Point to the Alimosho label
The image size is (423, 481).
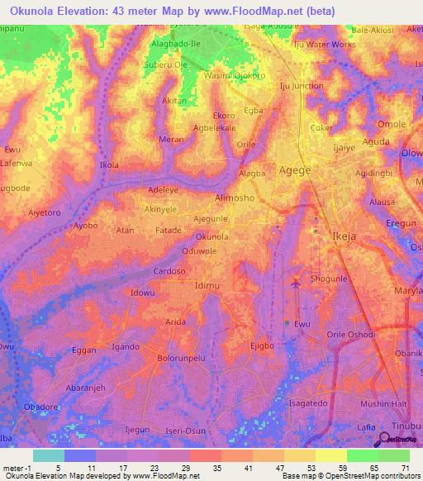coord(235,198)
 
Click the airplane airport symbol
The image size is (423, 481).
coord(296,284)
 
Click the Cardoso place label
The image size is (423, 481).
coord(169,270)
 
